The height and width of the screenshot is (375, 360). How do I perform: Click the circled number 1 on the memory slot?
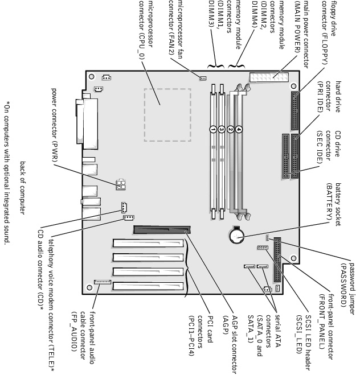tap(213, 129)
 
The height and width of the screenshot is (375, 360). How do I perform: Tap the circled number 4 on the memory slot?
tap(239, 129)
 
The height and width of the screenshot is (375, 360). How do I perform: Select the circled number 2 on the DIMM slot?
tap(230, 129)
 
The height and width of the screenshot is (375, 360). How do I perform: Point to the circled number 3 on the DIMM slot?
tap(222, 129)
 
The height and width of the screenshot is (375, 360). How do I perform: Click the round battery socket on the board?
tap(236, 236)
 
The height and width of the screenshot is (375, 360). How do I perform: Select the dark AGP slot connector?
tap(162, 230)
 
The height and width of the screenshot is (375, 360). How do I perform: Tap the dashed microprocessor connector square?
tap(167, 115)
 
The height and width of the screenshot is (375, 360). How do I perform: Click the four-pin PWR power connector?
tap(121, 184)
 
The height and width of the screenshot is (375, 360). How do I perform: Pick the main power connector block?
tap(269, 77)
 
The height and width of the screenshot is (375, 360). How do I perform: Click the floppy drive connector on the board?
tap(295, 111)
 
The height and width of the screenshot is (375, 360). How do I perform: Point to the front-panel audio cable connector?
tap(103, 282)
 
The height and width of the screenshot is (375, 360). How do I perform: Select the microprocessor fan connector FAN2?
tap(203, 78)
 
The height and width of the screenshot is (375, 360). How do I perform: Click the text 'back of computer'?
tap(23, 188)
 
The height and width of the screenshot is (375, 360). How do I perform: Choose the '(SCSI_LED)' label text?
tap(298, 334)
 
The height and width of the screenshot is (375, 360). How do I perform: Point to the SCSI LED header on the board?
tap(263, 248)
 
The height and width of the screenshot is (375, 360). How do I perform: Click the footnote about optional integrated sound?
tap(7, 174)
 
